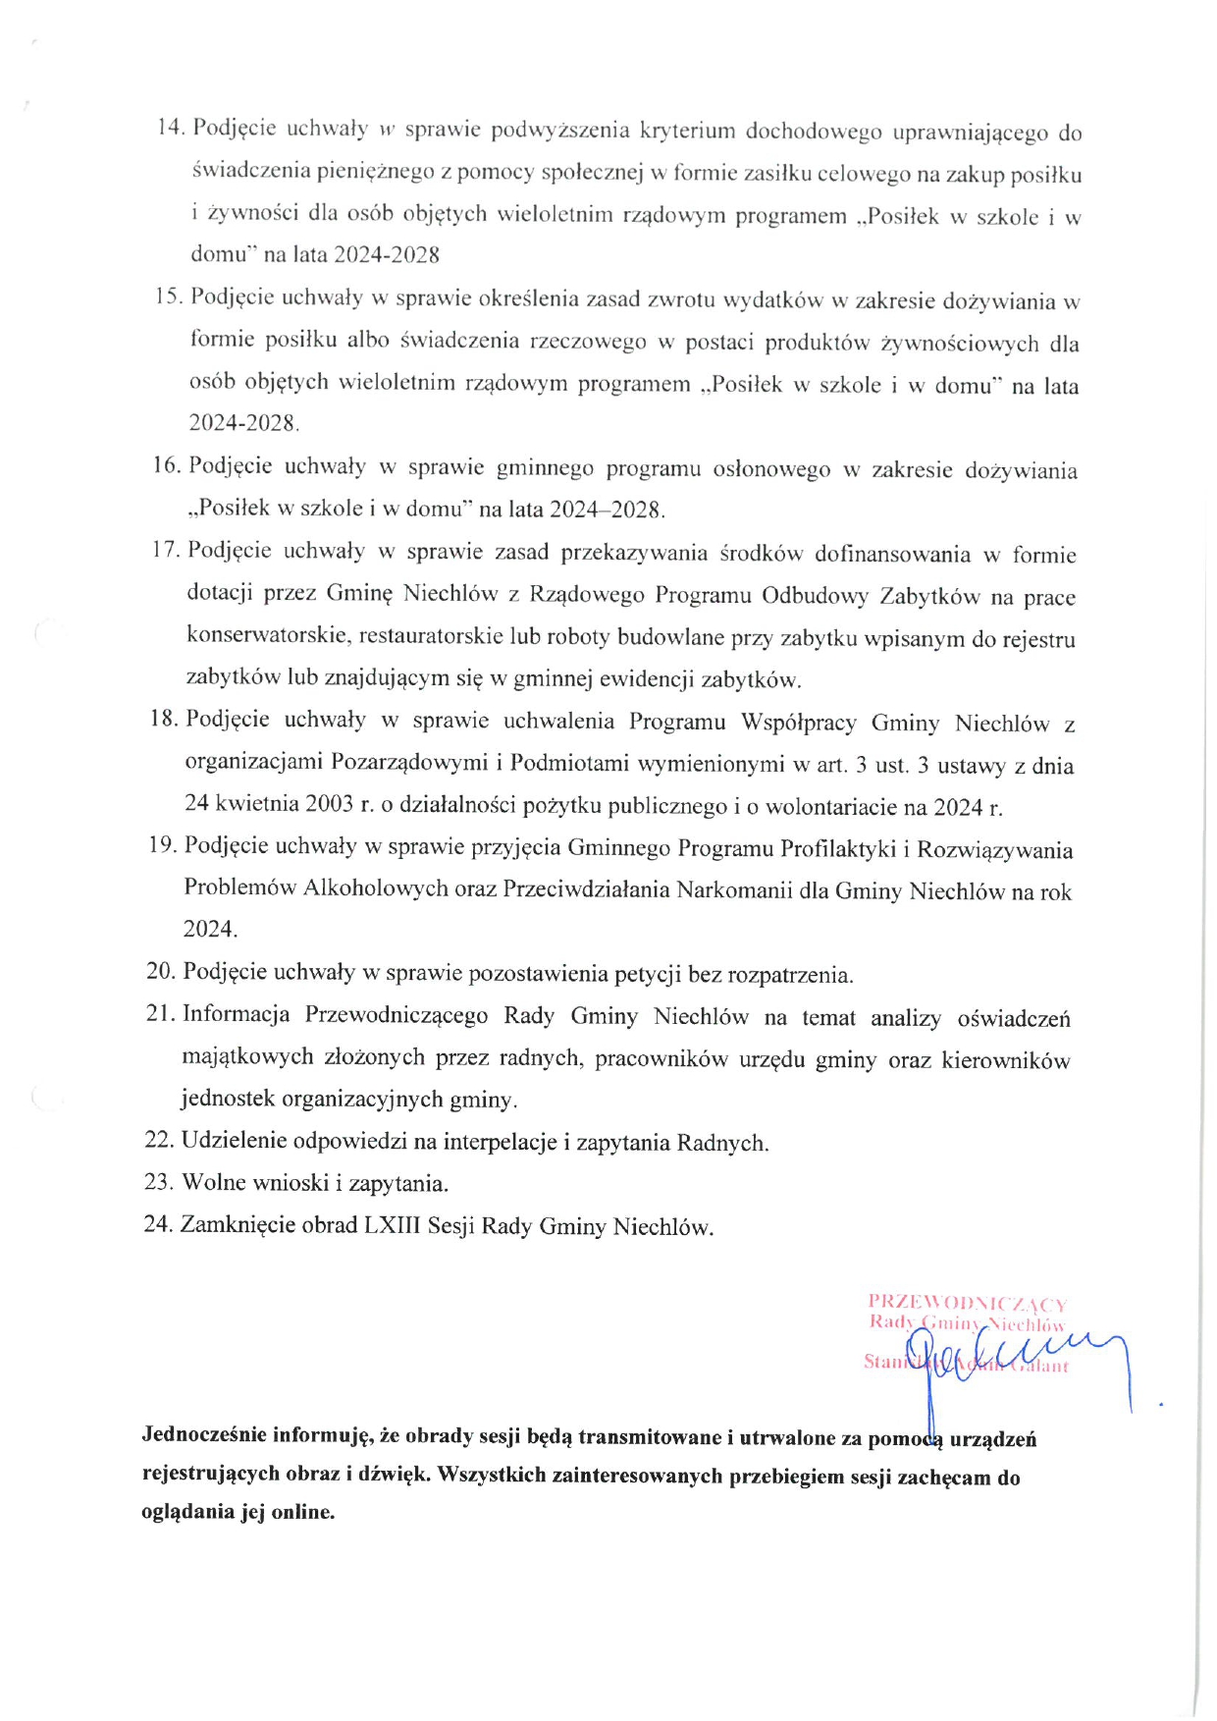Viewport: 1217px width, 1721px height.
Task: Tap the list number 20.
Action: point(160,972)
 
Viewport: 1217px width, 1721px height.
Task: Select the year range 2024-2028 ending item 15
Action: point(242,423)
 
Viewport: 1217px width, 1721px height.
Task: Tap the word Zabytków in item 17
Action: point(928,596)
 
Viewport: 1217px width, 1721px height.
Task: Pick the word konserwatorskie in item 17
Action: point(267,635)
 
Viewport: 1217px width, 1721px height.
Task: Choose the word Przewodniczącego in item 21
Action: point(397,1015)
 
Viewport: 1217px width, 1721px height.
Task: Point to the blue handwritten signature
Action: point(1011,1360)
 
